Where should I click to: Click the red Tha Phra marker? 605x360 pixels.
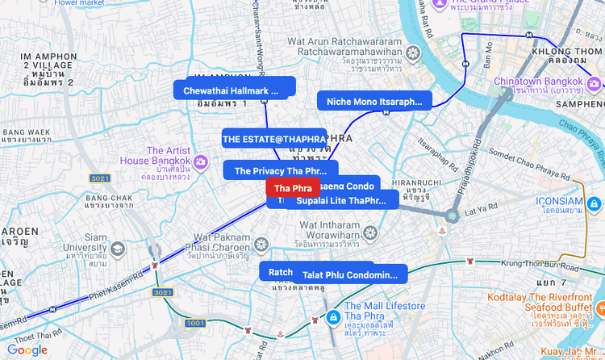[x=292, y=188]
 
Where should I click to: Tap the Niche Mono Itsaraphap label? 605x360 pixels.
[x=374, y=102]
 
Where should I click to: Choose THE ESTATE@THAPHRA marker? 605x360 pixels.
[x=274, y=139]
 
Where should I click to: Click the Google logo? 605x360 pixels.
[x=27, y=350]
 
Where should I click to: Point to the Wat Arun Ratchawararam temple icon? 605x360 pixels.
[x=413, y=53]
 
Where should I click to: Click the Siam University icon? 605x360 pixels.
[x=118, y=247]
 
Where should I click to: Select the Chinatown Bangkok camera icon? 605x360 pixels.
[x=593, y=82]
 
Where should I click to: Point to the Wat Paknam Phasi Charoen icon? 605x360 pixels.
[x=261, y=244]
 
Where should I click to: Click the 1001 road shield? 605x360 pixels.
[x=195, y=323]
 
